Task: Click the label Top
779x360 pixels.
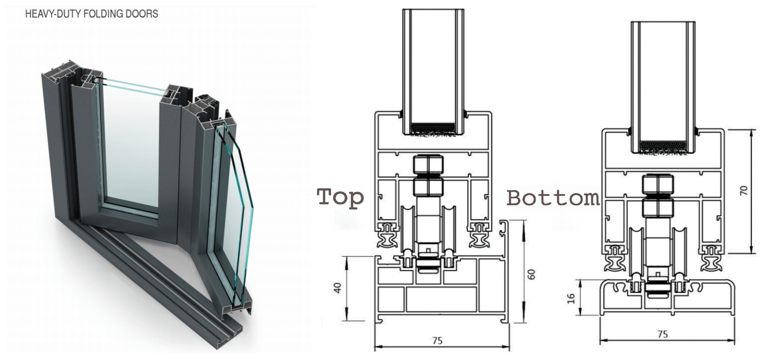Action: [340, 197]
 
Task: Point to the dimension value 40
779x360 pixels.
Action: [337, 288]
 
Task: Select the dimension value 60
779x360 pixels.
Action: [531, 274]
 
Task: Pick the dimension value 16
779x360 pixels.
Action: [572, 297]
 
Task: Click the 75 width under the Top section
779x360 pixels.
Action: [437, 341]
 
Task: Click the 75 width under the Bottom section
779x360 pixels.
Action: [662, 334]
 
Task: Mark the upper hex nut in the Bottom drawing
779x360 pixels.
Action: [658, 184]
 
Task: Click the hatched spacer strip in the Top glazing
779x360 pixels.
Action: [433, 128]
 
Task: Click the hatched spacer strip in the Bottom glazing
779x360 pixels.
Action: [663, 146]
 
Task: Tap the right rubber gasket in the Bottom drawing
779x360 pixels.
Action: [711, 258]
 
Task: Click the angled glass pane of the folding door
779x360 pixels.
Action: [239, 214]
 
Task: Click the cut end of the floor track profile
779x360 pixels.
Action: [234, 331]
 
